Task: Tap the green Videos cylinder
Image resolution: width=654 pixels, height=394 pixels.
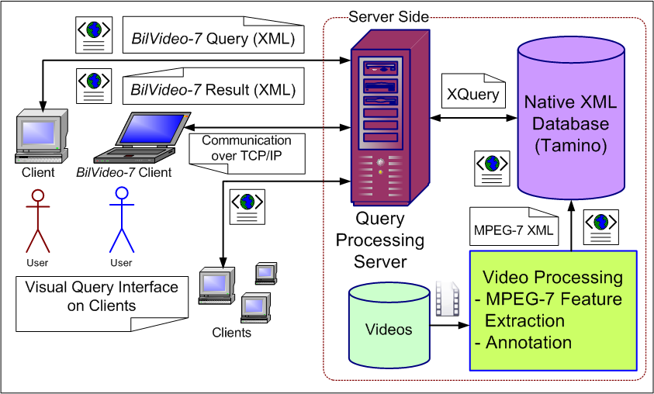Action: click(x=389, y=326)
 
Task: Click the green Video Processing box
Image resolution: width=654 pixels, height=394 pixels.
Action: click(x=552, y=309)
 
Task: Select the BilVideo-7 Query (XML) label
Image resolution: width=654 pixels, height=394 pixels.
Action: click(x=213, y=36)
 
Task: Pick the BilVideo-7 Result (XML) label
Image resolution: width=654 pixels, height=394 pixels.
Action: click(x=213, y=88)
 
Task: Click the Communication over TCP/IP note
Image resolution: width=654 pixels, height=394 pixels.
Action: click(x=245, y=147)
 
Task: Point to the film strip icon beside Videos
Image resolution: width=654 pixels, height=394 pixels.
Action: click(x=447, y=299)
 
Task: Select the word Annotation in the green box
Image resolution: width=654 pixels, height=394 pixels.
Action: click(x=529, y=342)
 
